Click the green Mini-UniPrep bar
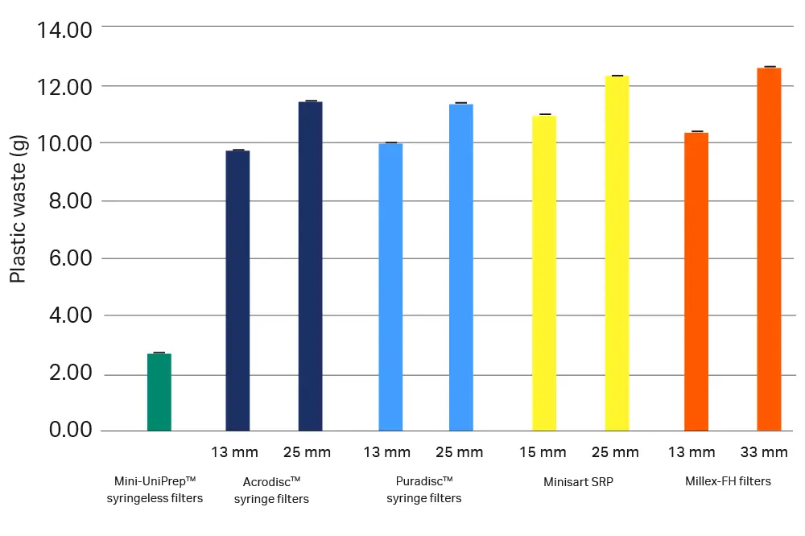(159, 393)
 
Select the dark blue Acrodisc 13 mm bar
(237, 291)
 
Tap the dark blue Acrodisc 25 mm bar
(310, 266)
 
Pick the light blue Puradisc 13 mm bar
(390, 287)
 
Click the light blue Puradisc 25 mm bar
(461, 267)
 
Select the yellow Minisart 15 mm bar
(544, 273)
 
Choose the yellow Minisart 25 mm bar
(617, 254)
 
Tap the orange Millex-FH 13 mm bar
(696, 282)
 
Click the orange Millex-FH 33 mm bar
(769, 249)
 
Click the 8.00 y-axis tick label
(70, 201)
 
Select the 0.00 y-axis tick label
(70, 431)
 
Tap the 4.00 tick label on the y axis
(70, 315)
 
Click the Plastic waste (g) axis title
(18, 208)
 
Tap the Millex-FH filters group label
(728, 481)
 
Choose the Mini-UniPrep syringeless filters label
(155, 489)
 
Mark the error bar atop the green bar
(159, 353)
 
